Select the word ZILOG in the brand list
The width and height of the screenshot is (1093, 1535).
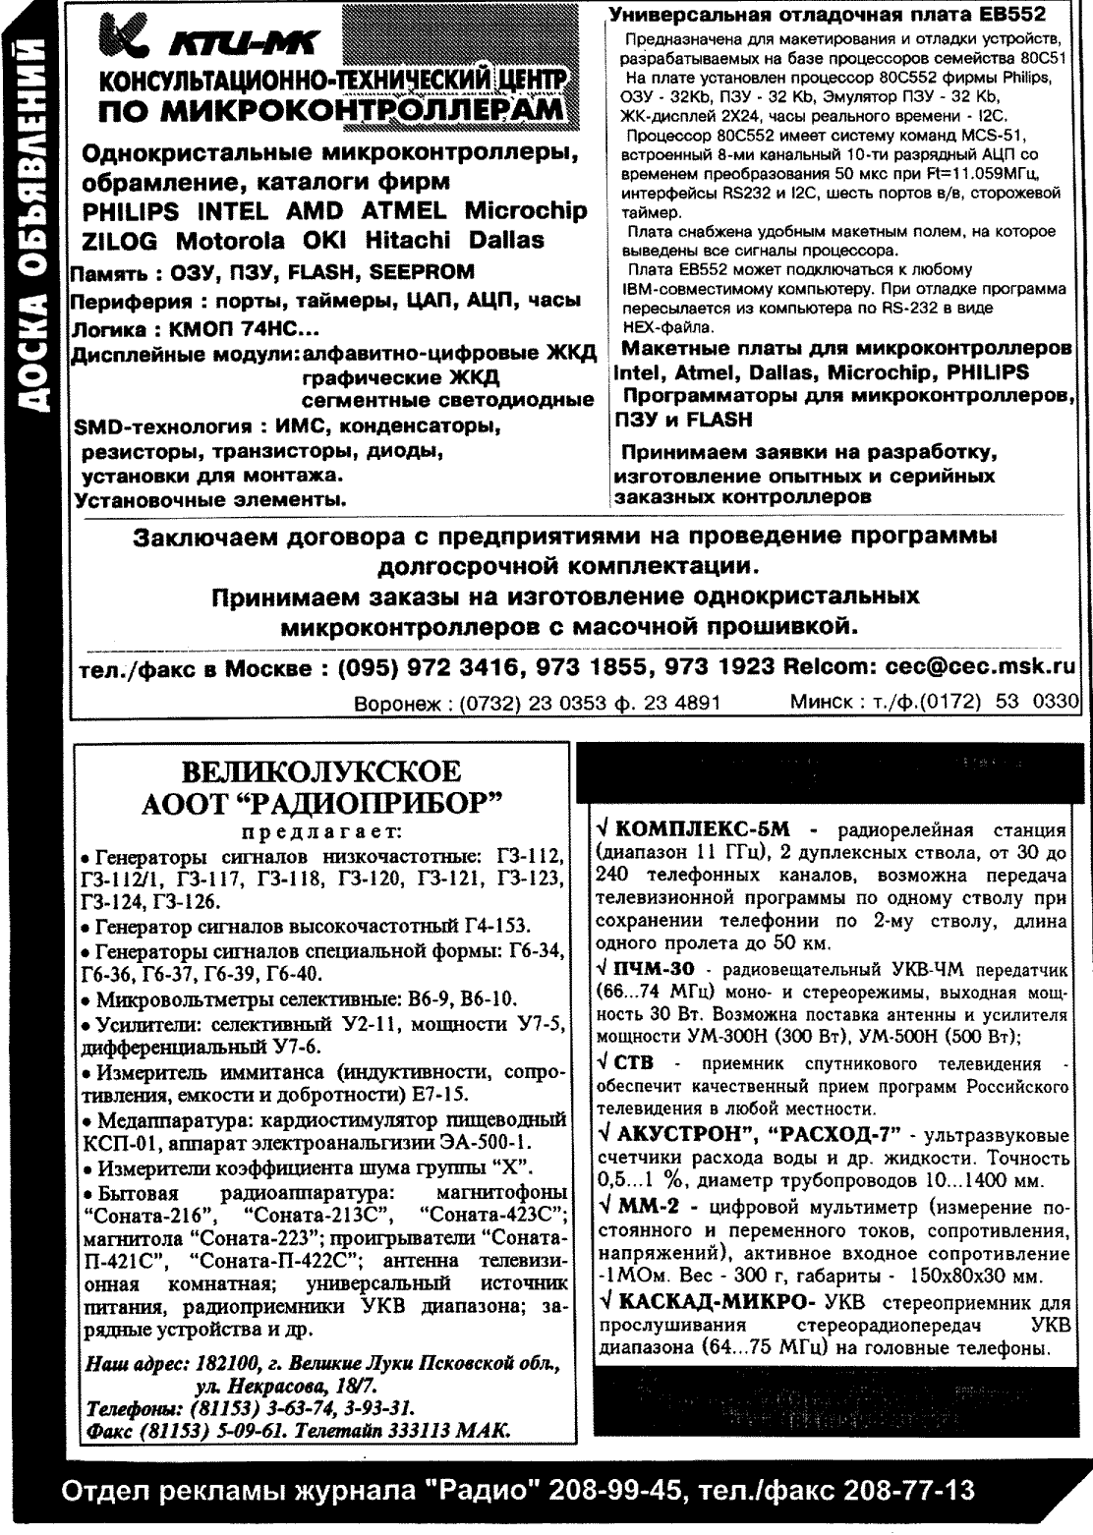pos(122,241)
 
